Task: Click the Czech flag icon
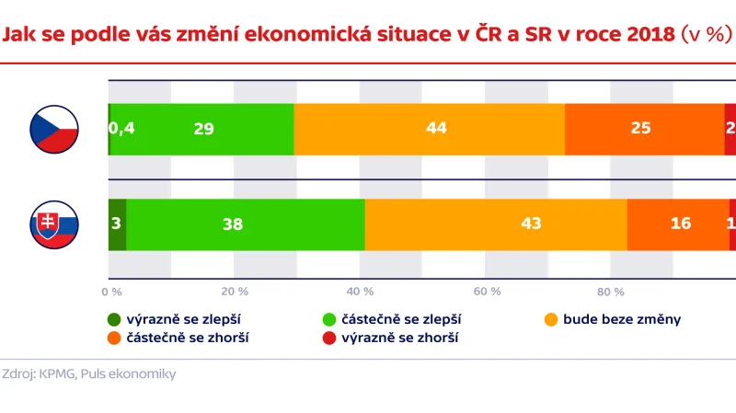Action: [x=55, y=130]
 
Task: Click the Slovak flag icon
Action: [x=55, y=224]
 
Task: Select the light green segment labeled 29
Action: [x=202, y=130]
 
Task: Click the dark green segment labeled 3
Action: [x=117, y=224]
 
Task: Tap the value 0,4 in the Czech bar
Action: [x=121, y=130]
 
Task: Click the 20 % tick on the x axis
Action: [x=236, y=292]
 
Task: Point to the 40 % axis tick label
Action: [x=361, y=292]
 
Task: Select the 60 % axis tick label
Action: [x=486, y=292]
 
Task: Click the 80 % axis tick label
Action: [x=611, y=292]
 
